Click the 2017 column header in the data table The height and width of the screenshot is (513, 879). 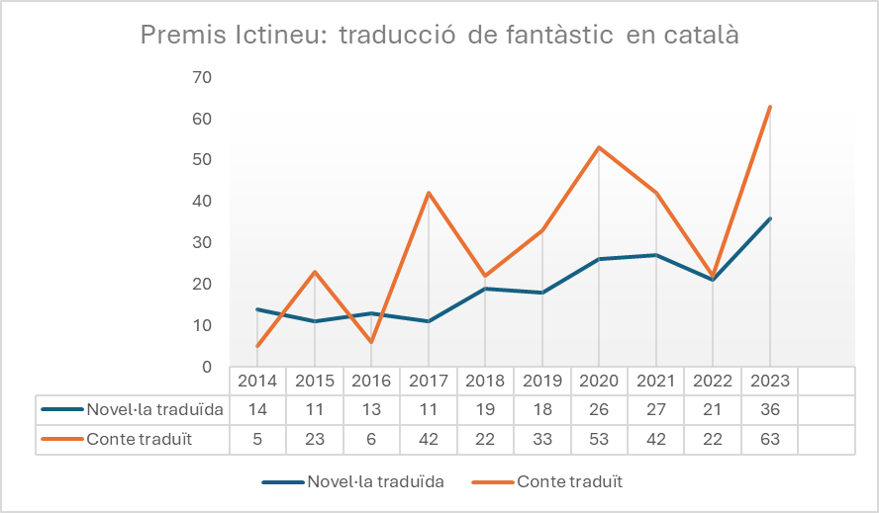point(429,381)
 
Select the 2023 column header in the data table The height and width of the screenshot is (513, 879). point(770,381)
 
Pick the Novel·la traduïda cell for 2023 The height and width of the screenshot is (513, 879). point(770,409)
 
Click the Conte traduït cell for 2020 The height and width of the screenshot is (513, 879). point(599,440)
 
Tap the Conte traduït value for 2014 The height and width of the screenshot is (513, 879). point(257,440)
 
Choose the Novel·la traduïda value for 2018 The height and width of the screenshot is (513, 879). point(485,409)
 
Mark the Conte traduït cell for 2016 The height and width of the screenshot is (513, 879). point(371,440)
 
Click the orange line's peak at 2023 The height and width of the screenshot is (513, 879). point(770,107)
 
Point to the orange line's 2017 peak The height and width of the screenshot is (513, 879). point(429,193)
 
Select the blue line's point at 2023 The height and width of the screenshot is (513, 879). point(770,218)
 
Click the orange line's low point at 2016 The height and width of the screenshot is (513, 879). point(371,342)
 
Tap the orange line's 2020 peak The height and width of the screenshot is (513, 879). point(599,147)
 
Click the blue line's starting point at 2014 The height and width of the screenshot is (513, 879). point(257,309)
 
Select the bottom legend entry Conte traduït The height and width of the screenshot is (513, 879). point(569,482)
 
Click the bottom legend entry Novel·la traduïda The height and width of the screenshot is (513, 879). point(375,482)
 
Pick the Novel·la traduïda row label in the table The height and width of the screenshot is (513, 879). point(154,409)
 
